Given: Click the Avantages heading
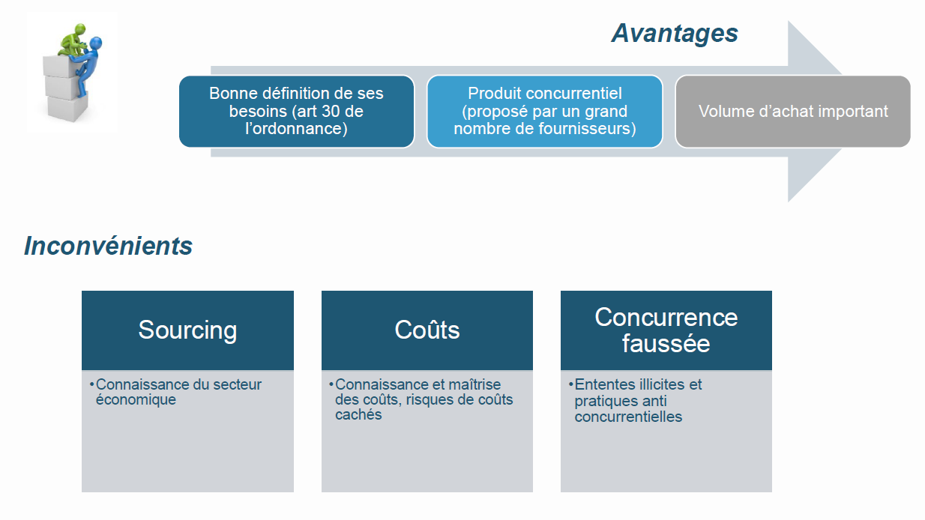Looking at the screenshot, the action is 675,34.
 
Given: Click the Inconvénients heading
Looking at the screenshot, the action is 108,246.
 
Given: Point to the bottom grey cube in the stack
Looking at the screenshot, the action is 67,108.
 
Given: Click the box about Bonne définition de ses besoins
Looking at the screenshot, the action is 297,112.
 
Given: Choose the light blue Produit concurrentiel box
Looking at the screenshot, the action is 545,112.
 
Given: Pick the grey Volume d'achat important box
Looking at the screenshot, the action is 793,112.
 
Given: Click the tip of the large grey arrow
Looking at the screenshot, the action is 842,112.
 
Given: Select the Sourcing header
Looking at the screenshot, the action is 187,330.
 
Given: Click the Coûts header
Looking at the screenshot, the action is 427,330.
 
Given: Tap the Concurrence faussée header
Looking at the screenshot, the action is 666,330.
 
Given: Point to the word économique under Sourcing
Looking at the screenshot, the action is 136,400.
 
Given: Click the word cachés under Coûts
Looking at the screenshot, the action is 358,415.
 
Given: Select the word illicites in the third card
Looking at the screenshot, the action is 659,384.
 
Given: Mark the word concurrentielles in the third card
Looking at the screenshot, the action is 628,417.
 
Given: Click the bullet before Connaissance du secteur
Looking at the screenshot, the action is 91,384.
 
